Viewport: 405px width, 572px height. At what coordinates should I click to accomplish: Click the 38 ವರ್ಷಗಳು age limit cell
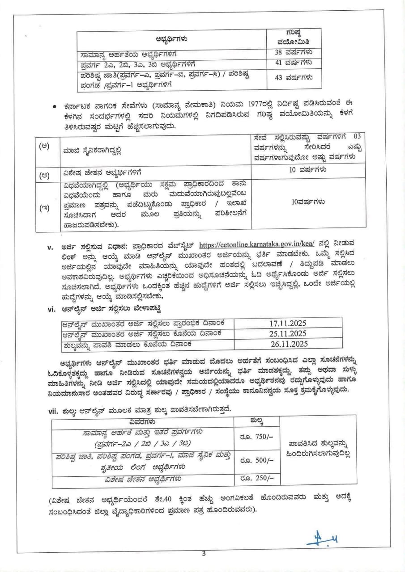[293, 53]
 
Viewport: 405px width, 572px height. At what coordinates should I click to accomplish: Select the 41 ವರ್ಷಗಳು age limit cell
[293, 63]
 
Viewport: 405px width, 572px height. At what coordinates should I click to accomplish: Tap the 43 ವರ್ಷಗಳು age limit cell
[293, 77]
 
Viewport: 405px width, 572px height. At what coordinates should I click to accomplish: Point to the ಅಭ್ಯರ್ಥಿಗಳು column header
[171, 38]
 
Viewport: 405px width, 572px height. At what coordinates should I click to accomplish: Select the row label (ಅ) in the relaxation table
[44, 147]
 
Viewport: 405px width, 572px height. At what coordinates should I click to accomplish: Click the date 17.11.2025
[288, 323]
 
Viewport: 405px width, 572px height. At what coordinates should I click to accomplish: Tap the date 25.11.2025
[288, 333]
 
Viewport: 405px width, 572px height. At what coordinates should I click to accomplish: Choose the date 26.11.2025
[288, 344]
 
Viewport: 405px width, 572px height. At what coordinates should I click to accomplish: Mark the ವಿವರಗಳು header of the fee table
[142, 421]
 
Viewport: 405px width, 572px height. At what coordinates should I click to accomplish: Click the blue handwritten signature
[322, 541]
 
